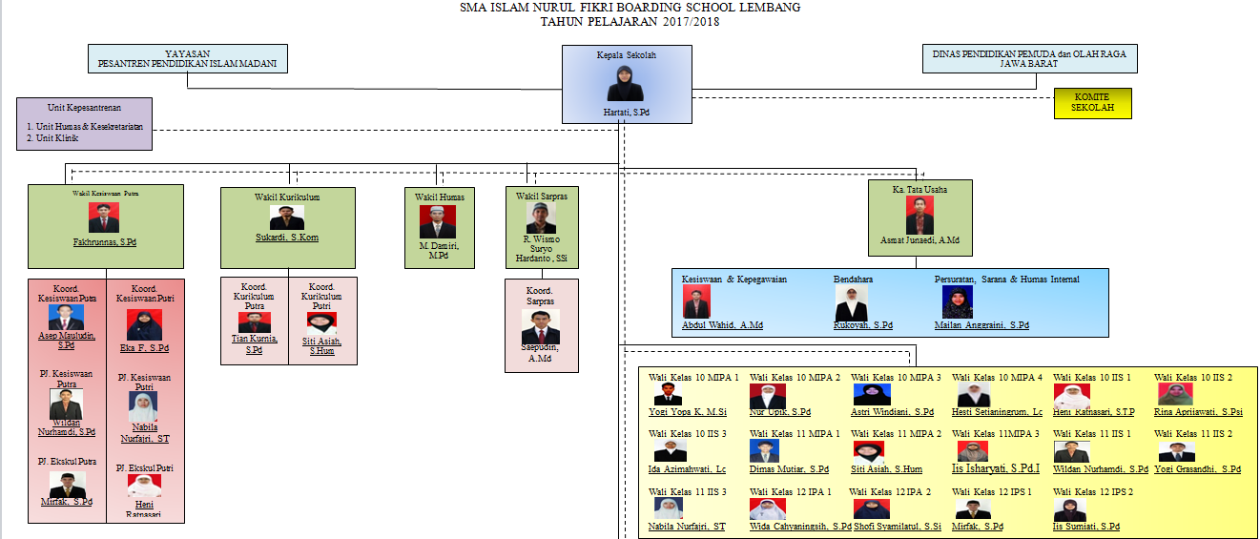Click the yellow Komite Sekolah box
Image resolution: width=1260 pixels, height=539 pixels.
pyautogui.click(x=1092, y=103)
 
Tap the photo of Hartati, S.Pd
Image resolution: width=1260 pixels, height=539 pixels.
pyautogui.click(x=626, y=83)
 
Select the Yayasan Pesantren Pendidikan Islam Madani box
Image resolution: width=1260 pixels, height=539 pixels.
pyautogui.click(x=187, y=59)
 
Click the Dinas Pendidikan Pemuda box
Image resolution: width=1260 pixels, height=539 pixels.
pyautogui.click(x=1030, y=59)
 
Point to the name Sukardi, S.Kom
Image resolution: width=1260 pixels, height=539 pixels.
pyautogui.click(x=286, y=238)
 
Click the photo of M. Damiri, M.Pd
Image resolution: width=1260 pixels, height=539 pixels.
pyautogui.click(x=437, y=221)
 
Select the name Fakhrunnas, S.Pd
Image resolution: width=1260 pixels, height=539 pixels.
pyautogui.click(x=105, y=242)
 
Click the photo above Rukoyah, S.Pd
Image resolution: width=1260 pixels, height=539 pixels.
pyautogui.click(x=851, y=302)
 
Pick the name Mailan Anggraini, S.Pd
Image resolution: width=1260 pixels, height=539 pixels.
pyautogui.click(x=981, y=325)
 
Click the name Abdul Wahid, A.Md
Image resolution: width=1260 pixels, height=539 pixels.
pyautogui.click(x=722, y=325)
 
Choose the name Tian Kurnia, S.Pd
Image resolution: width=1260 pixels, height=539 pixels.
pyautogui.click(x=254, y=343)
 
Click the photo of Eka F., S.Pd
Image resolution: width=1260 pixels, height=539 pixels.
pyautogui.click(x=143, y=325)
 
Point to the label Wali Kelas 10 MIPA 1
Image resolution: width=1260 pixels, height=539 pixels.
pyautogui.click(x=693, y=378)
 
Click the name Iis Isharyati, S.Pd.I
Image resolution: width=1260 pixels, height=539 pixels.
pyautogui.click(x=995, y=469)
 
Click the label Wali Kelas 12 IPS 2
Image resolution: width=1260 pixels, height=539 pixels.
pyautogui.click(x=1093, y=492)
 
